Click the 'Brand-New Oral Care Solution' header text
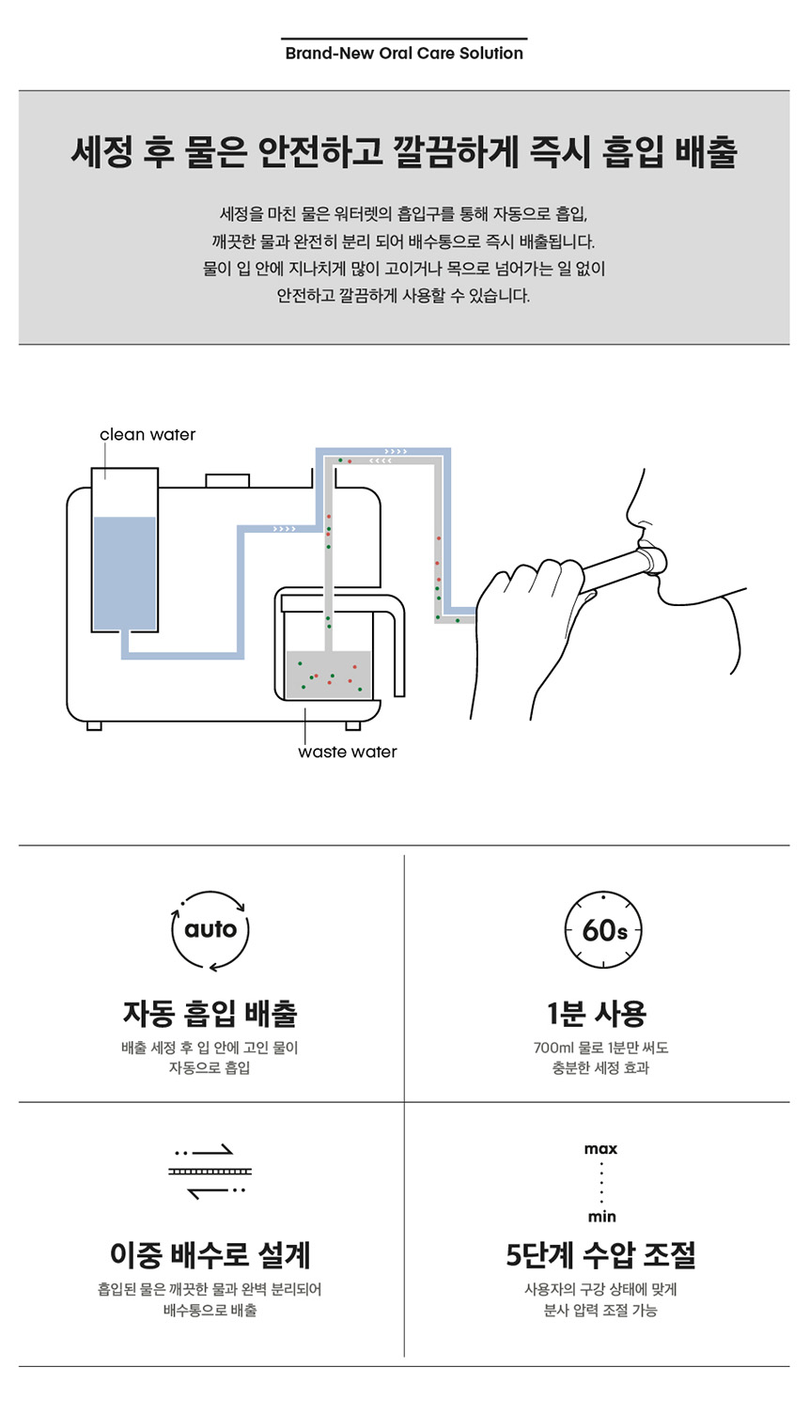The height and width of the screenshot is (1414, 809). tap(404, 54)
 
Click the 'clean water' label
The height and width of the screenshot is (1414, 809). tap(148, 434)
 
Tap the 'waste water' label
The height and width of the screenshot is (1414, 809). tap(347, 752)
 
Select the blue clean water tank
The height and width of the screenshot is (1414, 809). tap(124, 572)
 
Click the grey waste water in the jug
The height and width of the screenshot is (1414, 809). tap(329, 675)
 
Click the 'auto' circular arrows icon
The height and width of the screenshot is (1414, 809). tap(210, 929)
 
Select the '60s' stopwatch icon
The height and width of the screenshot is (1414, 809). tap(602, 929)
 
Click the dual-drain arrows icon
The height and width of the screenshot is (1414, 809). tap(210, 1172)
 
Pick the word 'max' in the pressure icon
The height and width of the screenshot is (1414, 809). tap(601, 1149)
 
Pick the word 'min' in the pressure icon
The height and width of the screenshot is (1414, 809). tap(601, 1217)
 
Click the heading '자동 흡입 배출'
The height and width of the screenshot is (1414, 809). tap(210, 1013)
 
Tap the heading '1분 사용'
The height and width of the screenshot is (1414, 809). tap(597, 1013)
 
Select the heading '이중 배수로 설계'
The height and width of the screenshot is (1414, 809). tap(210, 1254)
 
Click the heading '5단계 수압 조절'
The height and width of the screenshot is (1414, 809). tap(601, 1254)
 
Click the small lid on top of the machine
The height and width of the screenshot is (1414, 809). tap(227, 481)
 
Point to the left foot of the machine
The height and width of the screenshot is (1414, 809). tap(94, 725)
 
